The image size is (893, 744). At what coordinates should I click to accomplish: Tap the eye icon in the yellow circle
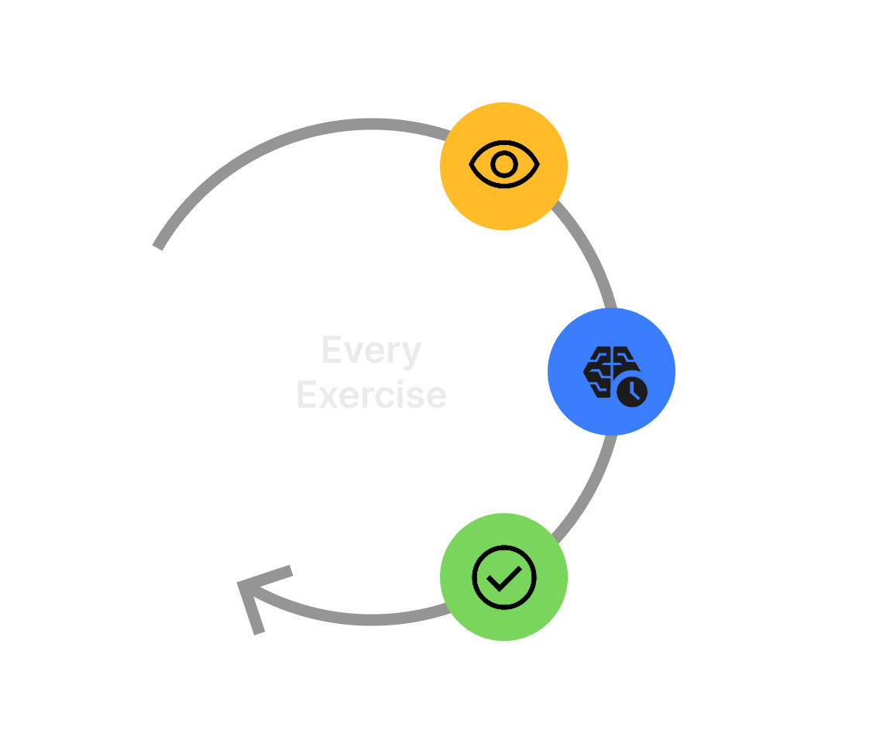pyautogui.click(x=504, y=164)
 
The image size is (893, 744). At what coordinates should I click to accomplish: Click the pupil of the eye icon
pyautogui.click(x=504, y=164)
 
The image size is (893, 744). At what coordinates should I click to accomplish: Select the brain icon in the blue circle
pyautogui.click(x=608, y=370)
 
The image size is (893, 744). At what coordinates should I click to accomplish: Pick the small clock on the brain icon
pyautogui.click(x=632, y=391)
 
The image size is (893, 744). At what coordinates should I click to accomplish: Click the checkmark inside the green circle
pyautogui.click(x=504, y=577)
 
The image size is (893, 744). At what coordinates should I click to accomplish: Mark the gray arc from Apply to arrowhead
pyautogui.click(x=364, y=618)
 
